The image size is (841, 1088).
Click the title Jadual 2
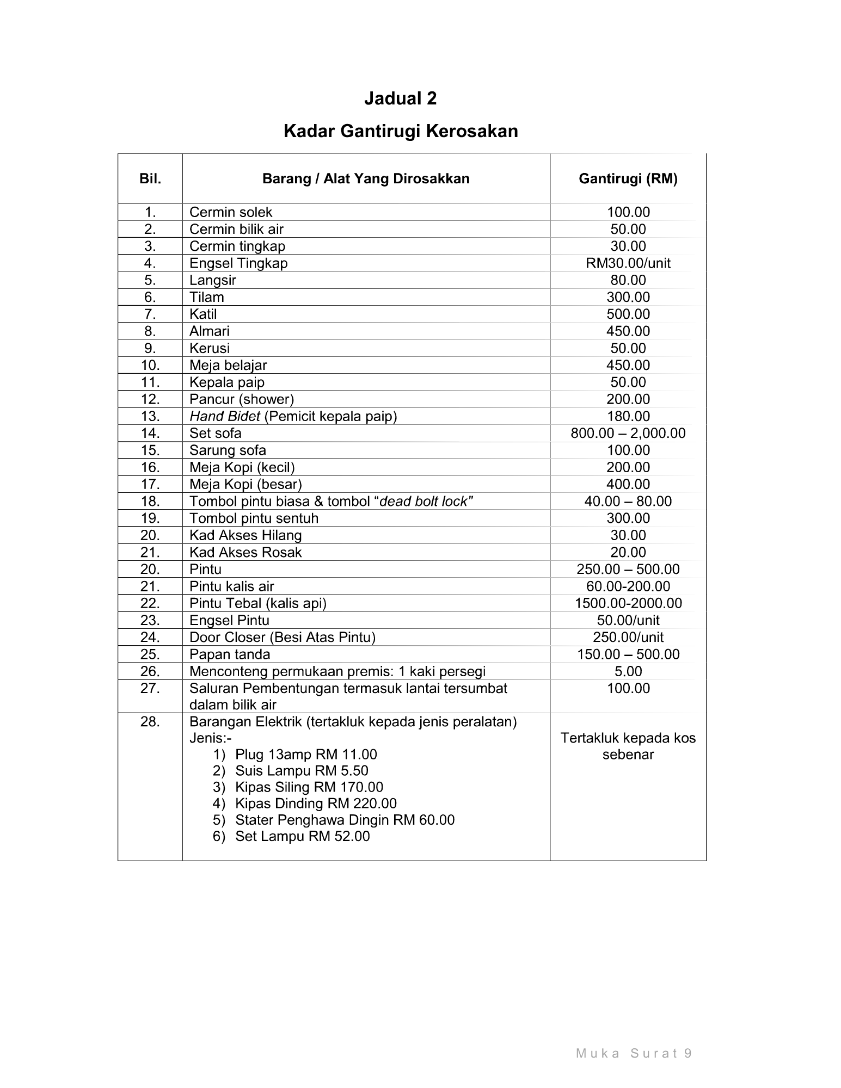(400, 98)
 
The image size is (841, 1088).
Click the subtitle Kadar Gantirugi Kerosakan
(400, 131)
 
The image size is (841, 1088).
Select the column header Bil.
(150, 178)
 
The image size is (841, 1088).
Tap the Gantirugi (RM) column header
(628, 178)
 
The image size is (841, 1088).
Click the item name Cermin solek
(230, 212)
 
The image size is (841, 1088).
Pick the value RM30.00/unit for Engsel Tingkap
(628, 263)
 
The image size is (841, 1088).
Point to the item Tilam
(206, 297)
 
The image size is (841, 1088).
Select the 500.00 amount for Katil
(628, 314)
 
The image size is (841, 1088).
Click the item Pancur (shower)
(241, 399)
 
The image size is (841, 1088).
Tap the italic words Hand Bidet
(217, 416)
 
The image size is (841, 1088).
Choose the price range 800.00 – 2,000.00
(628, 433)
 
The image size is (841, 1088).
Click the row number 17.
(150, 484)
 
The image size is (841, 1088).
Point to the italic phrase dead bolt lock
(423, 501)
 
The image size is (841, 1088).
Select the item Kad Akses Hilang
(245, 535)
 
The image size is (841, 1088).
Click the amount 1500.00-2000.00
(628, 603)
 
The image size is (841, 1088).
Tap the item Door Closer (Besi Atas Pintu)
(282, 637)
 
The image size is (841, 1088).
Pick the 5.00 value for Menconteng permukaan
(628, 671)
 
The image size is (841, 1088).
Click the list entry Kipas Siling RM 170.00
(309, 787)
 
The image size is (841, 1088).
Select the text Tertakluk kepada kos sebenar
(628, 746)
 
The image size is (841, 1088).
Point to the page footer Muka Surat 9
(634, 1053)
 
